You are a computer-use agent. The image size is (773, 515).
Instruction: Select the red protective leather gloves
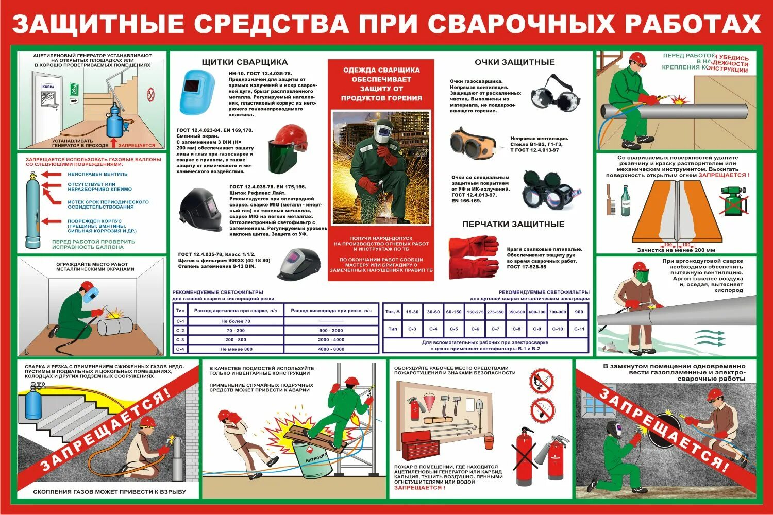[473, 257]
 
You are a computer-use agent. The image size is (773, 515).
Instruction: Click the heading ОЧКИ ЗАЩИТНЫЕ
[514, 62]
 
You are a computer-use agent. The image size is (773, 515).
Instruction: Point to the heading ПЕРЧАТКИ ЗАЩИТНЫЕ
[513, 224]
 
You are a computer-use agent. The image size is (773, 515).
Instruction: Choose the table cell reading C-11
[579, 329]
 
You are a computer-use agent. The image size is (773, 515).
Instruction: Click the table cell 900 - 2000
[331, 330]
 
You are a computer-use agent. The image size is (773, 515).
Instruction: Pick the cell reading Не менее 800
[235, 349]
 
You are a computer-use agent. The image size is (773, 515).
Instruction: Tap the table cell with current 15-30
[412, 312]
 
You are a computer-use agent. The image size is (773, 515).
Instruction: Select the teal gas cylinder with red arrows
[32, 209]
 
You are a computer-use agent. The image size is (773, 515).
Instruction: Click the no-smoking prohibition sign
[542, 409]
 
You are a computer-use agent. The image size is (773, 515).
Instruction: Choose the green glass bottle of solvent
[626, 201]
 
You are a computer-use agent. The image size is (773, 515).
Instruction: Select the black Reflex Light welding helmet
[200, 211]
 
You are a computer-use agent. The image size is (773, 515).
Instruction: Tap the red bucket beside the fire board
[489, 440]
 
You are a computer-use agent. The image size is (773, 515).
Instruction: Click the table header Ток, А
[393, 312]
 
